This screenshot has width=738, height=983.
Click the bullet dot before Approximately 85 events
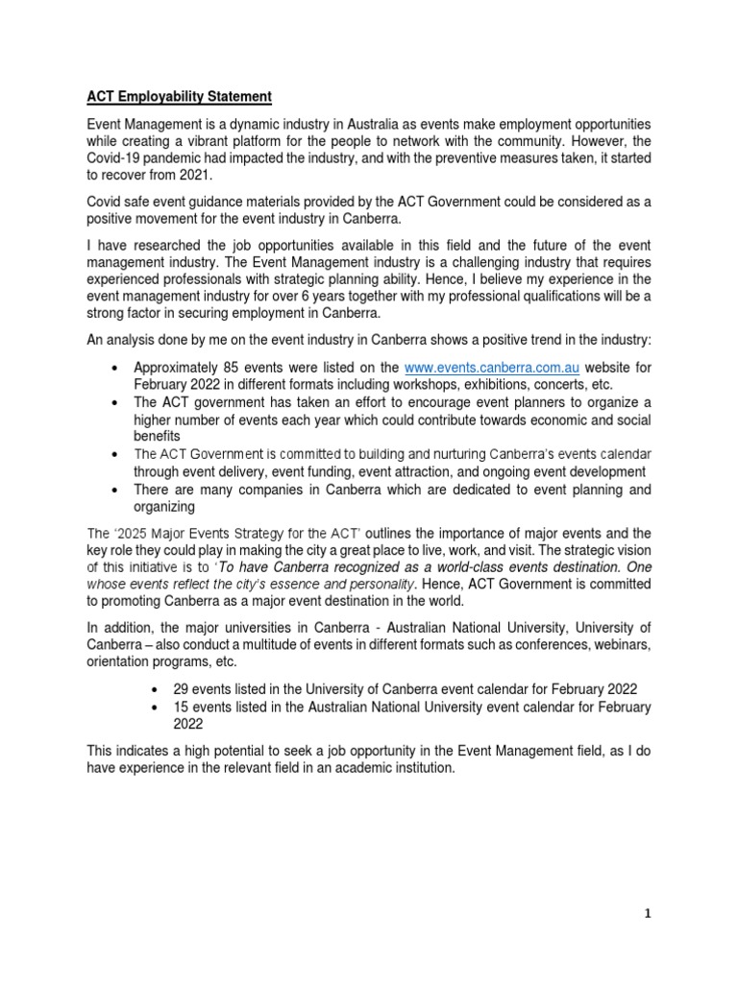click(115, 369)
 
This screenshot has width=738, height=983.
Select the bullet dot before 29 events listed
click(158, 690)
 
